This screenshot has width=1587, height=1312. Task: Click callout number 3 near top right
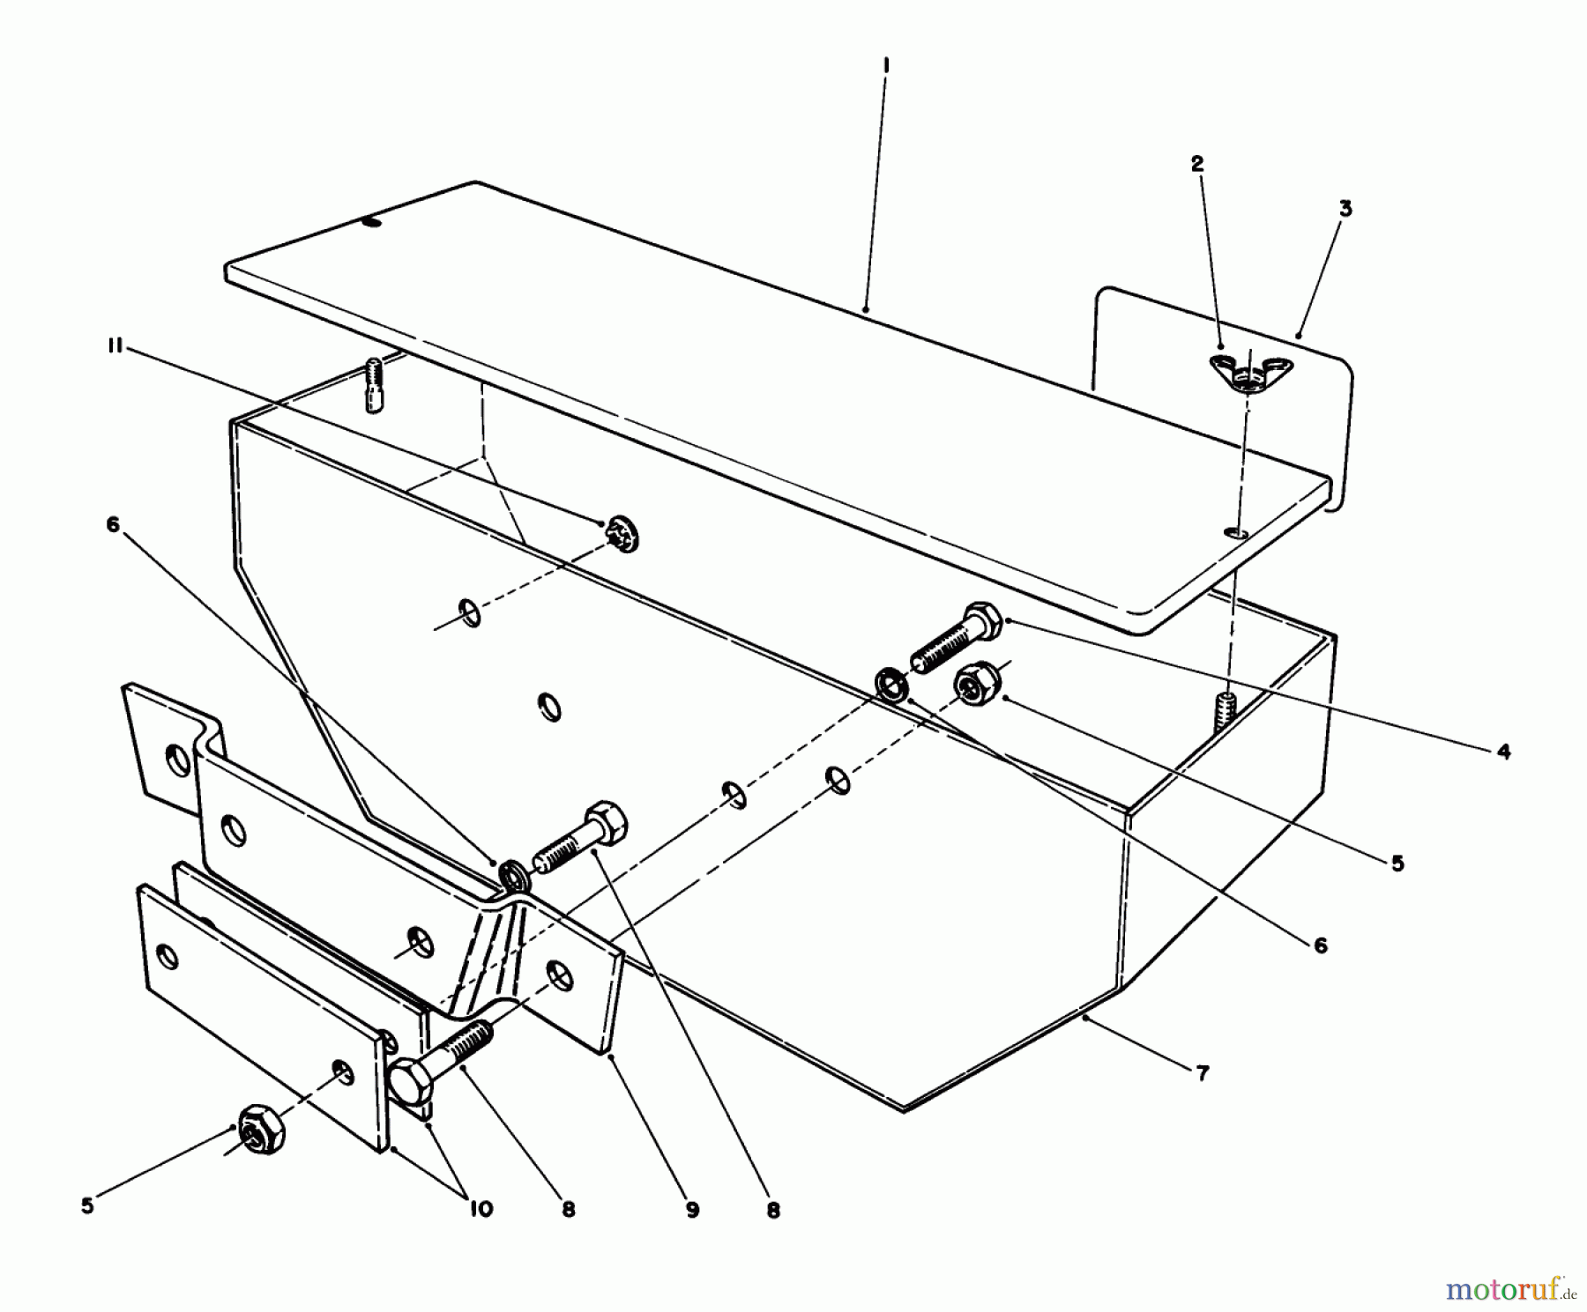coord(1345,209)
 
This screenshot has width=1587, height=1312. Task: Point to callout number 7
coord(1203,1072)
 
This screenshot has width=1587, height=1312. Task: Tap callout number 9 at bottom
coord(692,1211)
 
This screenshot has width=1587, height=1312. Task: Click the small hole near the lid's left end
coord(373,223)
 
